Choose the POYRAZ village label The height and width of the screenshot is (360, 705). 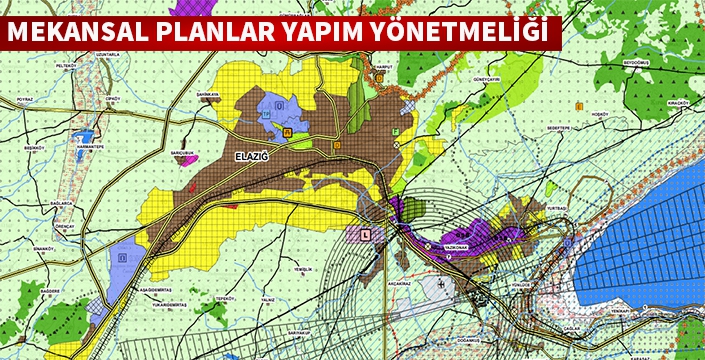point(25,100)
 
